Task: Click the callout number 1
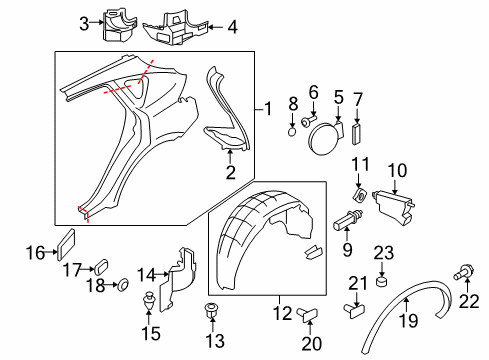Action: click(x=267, y=108)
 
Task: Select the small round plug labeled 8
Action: click(x=292, y=130)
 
